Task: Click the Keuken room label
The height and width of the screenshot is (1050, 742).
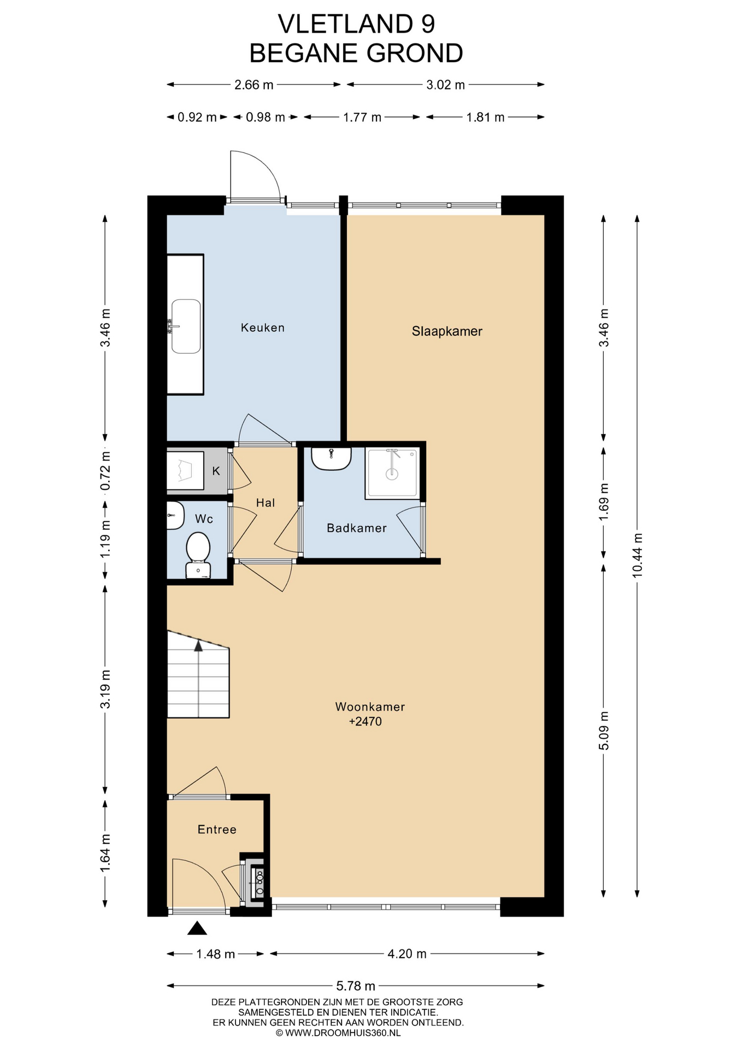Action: [263, 328]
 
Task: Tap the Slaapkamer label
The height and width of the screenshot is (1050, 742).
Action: [447, 331]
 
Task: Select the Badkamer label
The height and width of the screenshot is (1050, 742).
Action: [357, 528]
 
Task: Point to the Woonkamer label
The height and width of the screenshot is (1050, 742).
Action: [370, 707]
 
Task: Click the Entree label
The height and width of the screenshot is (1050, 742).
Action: [217, 830]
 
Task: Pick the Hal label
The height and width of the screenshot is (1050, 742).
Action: [266, 503]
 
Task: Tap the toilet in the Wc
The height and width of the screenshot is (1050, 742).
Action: [198, 555]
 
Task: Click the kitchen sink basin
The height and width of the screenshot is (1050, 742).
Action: [186, 326]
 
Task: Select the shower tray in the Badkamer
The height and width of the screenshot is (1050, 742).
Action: [392, 473]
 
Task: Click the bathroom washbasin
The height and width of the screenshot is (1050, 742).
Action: [331, 458]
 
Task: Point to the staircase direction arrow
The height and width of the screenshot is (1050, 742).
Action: [198, 646]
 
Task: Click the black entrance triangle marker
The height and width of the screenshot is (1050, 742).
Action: [197, 928]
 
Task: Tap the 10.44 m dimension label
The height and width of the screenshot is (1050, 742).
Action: [637, 555]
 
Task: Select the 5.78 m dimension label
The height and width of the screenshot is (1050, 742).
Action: [356, 986]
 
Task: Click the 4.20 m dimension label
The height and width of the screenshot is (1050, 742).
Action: [407, 954]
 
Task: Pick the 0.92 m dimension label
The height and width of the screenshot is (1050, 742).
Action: [197, 117]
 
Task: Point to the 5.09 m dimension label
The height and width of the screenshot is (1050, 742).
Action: [604, 731]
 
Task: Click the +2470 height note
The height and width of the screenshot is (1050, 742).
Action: [366, 721]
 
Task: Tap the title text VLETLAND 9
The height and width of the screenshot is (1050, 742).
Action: [356, 24]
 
